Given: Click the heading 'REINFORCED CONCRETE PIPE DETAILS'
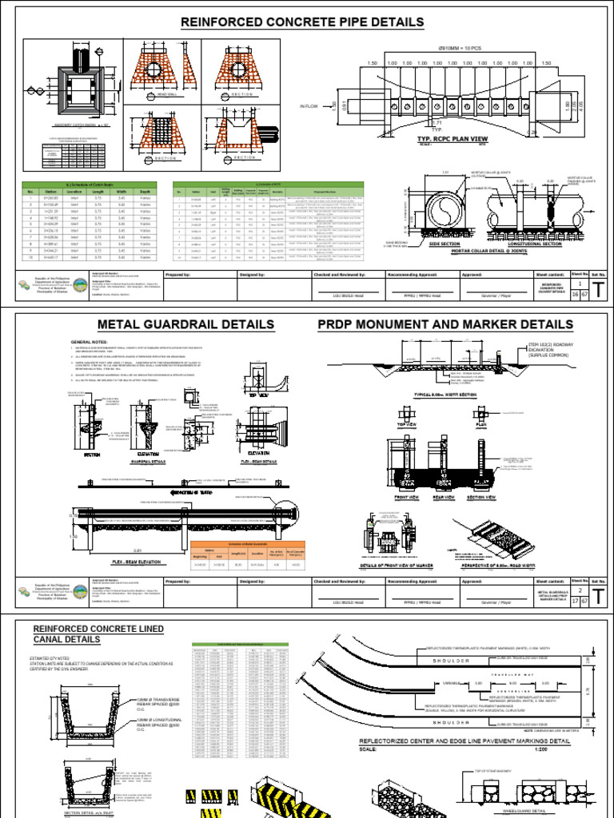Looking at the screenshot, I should click(302, 22).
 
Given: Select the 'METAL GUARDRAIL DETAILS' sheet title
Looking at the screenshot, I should click(185, 324).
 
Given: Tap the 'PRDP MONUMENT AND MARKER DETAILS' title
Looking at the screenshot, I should click(445, 324).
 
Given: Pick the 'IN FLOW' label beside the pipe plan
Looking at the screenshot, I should click(309, 105).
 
